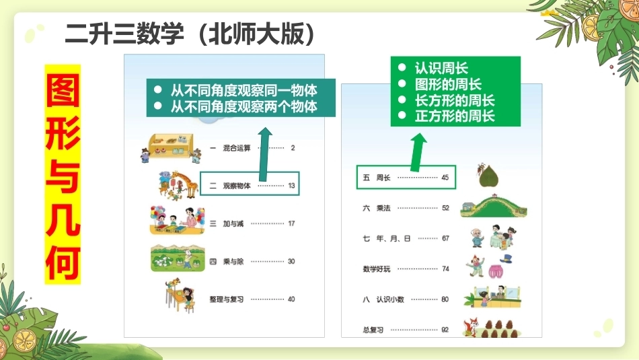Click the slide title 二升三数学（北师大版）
point(190,34)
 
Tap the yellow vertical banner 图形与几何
point(63,174)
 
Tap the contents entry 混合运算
point(237,148)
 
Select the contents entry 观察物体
point(237,186)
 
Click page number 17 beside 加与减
point(291,223)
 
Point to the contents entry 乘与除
point(233,261)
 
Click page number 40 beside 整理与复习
point(291,299)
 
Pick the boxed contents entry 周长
point(383,178)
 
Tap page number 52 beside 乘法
point(445,208)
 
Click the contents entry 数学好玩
point(377,269)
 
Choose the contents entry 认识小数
point(390,299)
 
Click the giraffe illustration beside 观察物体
point(184,184)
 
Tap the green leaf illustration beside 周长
point(488,176)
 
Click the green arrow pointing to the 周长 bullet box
point(417,153)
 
